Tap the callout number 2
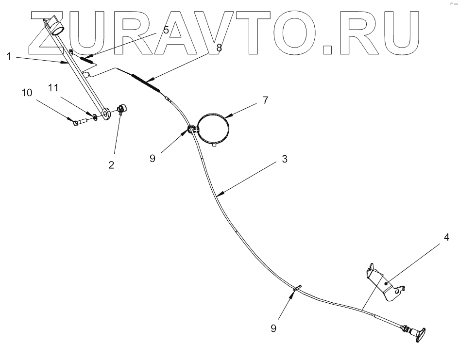pos(111,165)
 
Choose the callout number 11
pos(53,87)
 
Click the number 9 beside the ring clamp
pos(153,159)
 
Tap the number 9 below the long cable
pos(274,327)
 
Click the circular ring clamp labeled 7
pos(214,128)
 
